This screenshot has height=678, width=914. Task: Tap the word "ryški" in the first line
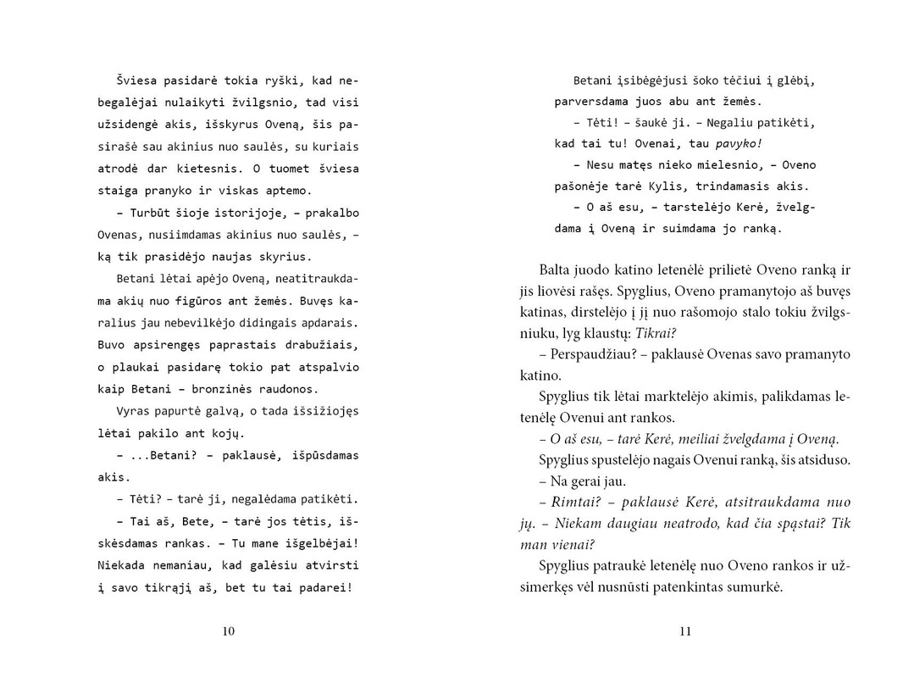coord(263,81)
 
